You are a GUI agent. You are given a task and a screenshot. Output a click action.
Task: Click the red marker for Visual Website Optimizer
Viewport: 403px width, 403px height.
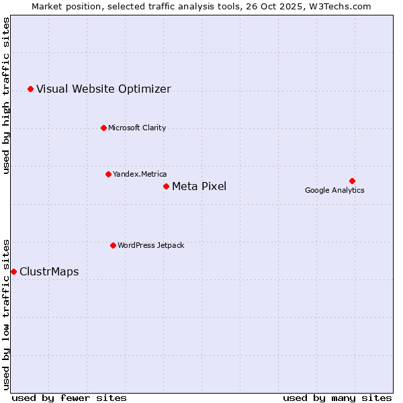pos(30,89)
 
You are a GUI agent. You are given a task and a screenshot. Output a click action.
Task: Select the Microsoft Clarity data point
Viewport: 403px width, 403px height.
pos(103,128)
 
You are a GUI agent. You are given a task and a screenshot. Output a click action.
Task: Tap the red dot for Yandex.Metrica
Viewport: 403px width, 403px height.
pos(108,174)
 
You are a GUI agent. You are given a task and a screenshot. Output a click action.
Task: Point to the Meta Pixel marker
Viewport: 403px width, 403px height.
pos(166,186)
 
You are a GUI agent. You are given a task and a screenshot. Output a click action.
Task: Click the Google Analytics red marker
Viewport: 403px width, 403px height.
pos(352,181)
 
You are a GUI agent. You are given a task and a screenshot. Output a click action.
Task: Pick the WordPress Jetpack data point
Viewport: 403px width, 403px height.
pos(113,245)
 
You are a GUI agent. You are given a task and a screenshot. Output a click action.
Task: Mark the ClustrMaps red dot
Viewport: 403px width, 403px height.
pos(13,271)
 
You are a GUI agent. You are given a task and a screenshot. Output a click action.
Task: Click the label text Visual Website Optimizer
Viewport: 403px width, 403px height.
pos(103,89)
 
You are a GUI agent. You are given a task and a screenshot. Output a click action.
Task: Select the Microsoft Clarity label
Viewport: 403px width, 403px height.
pos(137,128)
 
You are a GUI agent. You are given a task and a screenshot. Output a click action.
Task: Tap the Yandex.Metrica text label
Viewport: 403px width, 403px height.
pos(140,175)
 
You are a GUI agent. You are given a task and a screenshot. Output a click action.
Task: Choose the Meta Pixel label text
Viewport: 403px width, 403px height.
pos(199,187)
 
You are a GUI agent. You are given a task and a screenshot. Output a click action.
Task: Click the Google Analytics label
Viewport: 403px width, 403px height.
pos(334,191)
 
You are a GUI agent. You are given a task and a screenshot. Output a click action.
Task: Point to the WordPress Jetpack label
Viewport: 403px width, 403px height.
pos(150,246)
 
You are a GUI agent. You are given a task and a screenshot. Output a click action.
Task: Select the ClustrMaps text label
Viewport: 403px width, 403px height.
pos(49,272)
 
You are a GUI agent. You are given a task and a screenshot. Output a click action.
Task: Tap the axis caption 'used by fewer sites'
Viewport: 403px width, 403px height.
pos(69,398)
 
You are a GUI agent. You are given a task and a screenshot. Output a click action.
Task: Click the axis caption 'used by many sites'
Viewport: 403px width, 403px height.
pos(337,398)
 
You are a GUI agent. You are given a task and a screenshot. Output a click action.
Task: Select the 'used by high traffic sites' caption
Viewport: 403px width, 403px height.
pos(7,95)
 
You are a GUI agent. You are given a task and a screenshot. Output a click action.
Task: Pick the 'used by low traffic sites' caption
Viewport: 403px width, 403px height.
pos(7,314)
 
